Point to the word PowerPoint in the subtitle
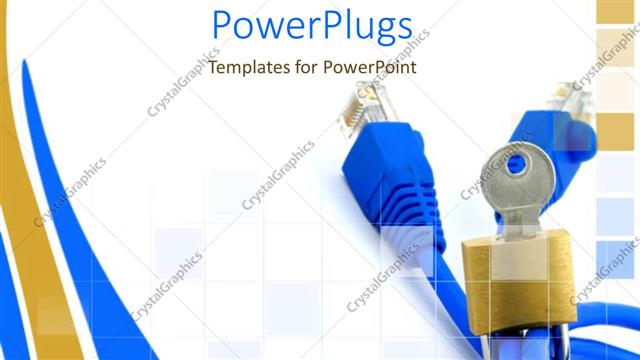369,68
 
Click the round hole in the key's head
516,162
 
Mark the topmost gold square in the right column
617,10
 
